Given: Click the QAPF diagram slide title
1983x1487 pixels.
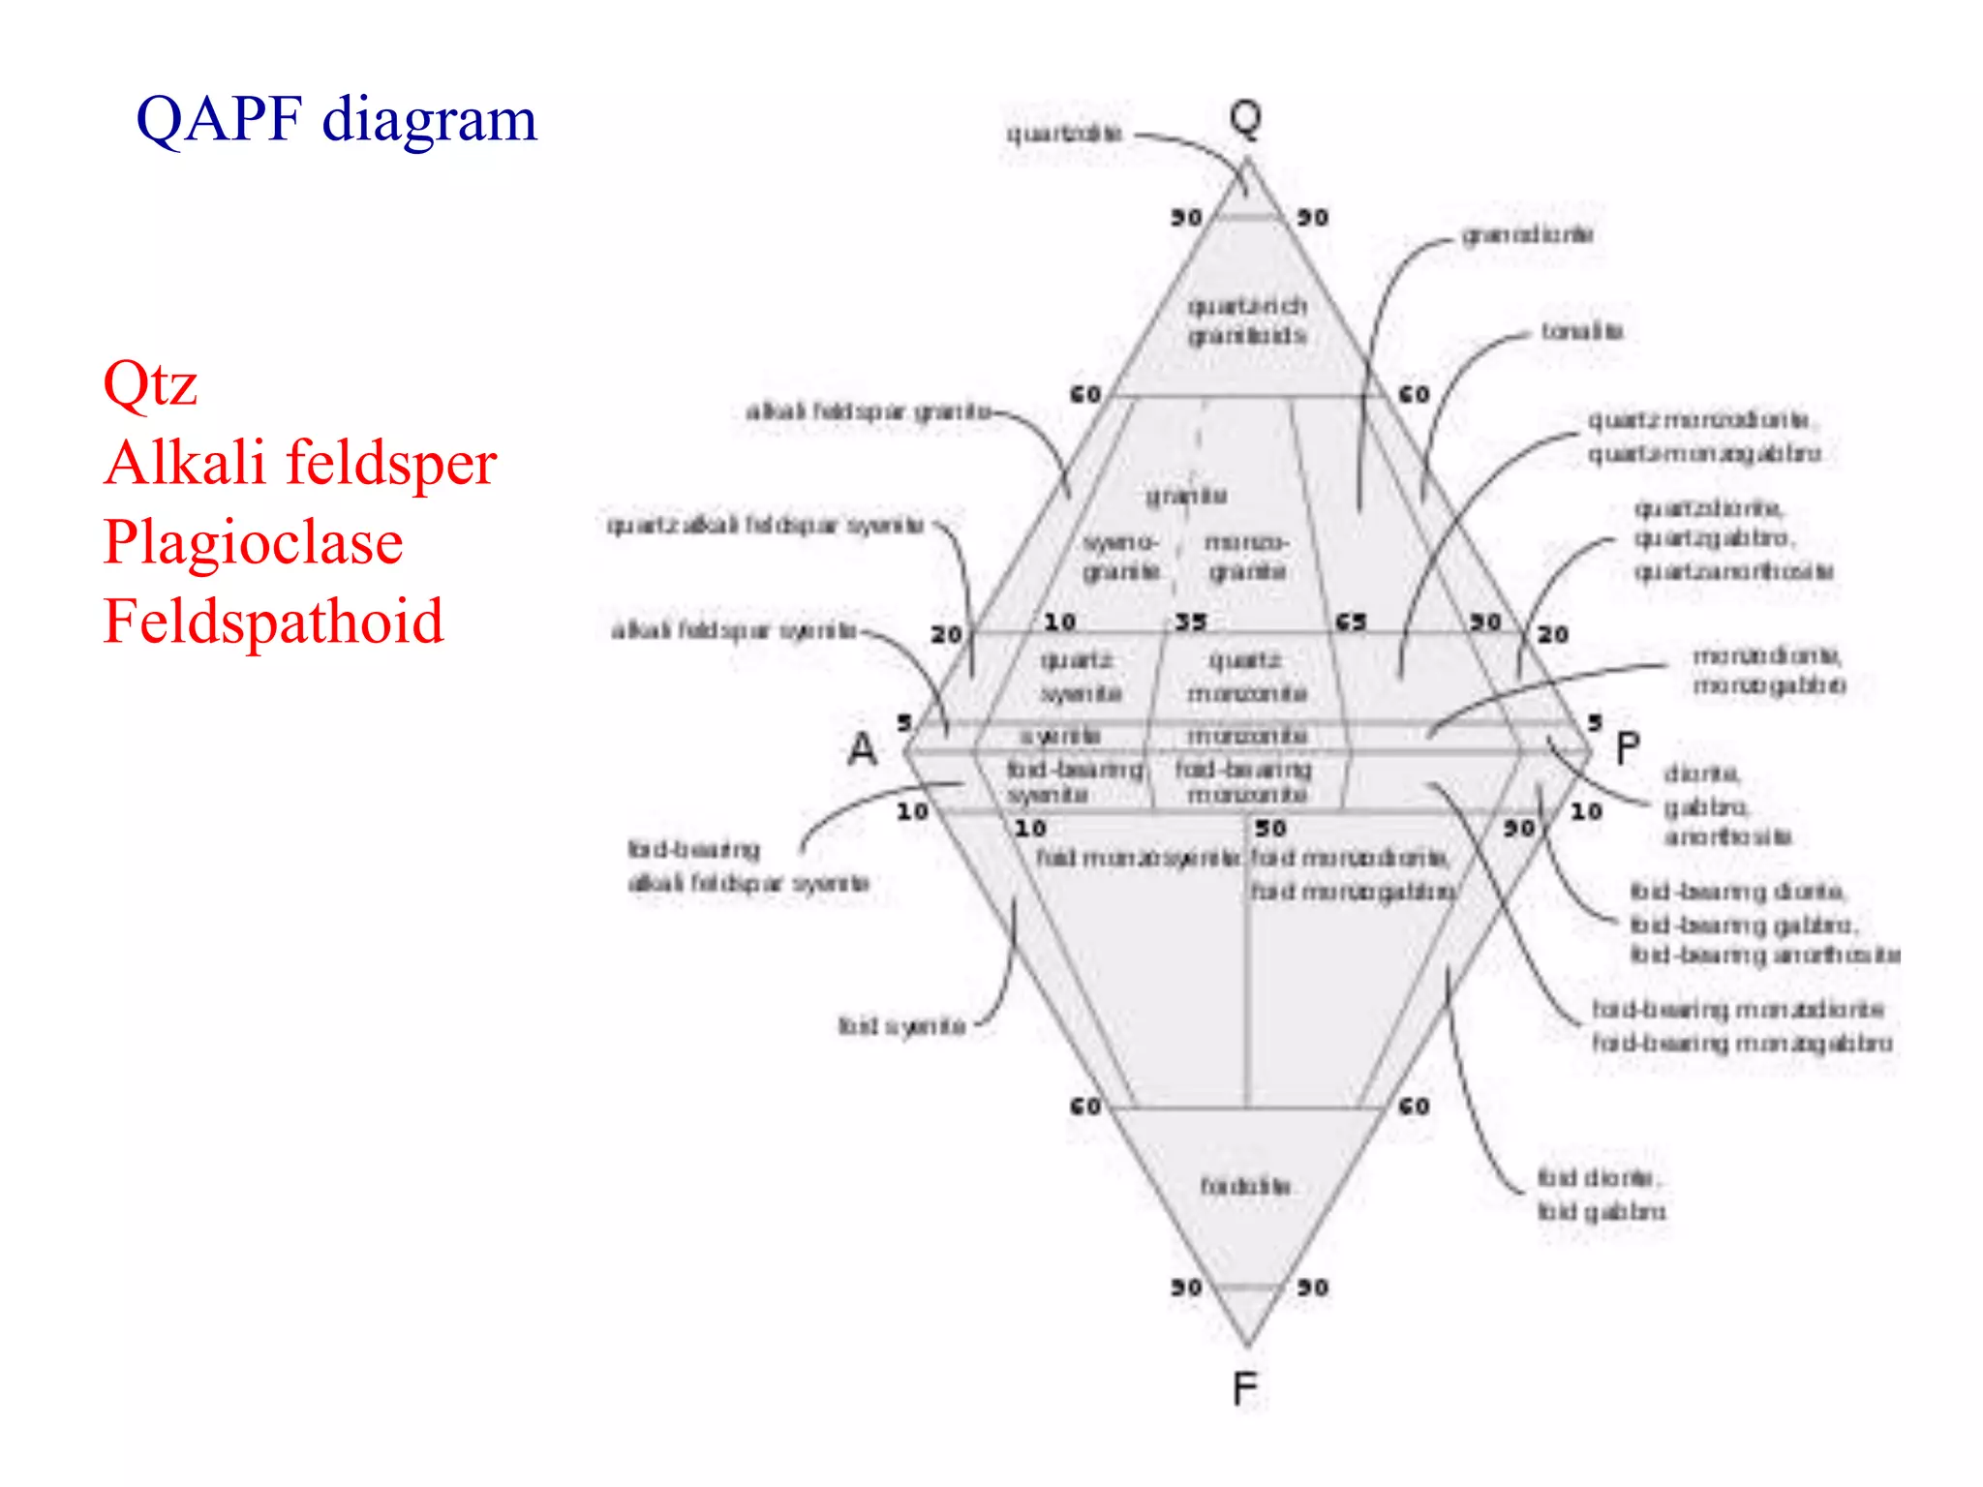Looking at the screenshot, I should (336, 120).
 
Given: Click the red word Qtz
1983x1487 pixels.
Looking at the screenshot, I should (150, 383).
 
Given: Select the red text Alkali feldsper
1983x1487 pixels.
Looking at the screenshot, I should (300, 463).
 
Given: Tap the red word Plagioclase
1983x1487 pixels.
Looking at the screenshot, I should (253, 541).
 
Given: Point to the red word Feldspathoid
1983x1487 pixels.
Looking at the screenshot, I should (273, 621).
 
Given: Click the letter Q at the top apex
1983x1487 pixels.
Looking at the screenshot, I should (1245, 118).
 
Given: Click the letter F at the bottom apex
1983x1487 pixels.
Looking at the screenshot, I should (1245, 1390).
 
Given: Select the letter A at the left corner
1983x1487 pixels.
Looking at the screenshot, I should (863, 749).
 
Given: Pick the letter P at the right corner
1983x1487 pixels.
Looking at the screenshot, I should (1628, 749).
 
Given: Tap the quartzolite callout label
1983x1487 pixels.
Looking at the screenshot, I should (1064, 134).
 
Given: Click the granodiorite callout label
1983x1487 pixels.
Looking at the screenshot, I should (1528, 235).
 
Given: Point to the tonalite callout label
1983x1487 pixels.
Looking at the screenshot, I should (1582, 332).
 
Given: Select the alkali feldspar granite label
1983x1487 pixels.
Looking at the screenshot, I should (869, 412).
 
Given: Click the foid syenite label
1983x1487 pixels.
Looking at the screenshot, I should (901, 1026).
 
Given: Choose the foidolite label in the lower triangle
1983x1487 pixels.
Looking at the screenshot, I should (1245, 1186).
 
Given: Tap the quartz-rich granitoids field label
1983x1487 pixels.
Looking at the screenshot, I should (1248, 321).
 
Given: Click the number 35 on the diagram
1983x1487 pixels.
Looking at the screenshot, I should (1191, 622).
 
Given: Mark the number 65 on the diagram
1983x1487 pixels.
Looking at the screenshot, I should (1351, 622).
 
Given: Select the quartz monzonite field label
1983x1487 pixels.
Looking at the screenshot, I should (1247, 678).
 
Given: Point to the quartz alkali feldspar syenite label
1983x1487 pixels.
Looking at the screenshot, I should (765, 526).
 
